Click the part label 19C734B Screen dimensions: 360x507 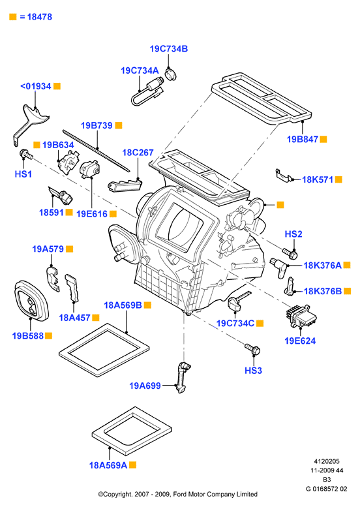(169, 49)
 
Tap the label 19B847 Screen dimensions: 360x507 (303, 140)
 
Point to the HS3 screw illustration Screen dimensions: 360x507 (252, 348)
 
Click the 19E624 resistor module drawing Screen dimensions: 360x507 (301, 316)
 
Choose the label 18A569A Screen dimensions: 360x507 (108, 465)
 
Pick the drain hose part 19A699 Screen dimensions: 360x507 (183, 377)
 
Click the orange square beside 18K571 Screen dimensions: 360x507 (338, 179)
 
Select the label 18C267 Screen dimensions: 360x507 (138, 153)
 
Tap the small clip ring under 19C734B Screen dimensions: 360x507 (171, 73)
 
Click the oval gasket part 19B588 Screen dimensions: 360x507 (31, 300)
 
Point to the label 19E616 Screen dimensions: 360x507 (92, 214)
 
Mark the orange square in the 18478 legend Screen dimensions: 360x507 (13, 17)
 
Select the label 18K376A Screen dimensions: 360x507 (323, 266)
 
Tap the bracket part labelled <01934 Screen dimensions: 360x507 (30, 122)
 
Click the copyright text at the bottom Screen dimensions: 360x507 (178, 494)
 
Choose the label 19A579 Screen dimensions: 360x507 (48, 249)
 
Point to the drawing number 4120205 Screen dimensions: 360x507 (327, 461)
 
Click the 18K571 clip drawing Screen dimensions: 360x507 (284, 175)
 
